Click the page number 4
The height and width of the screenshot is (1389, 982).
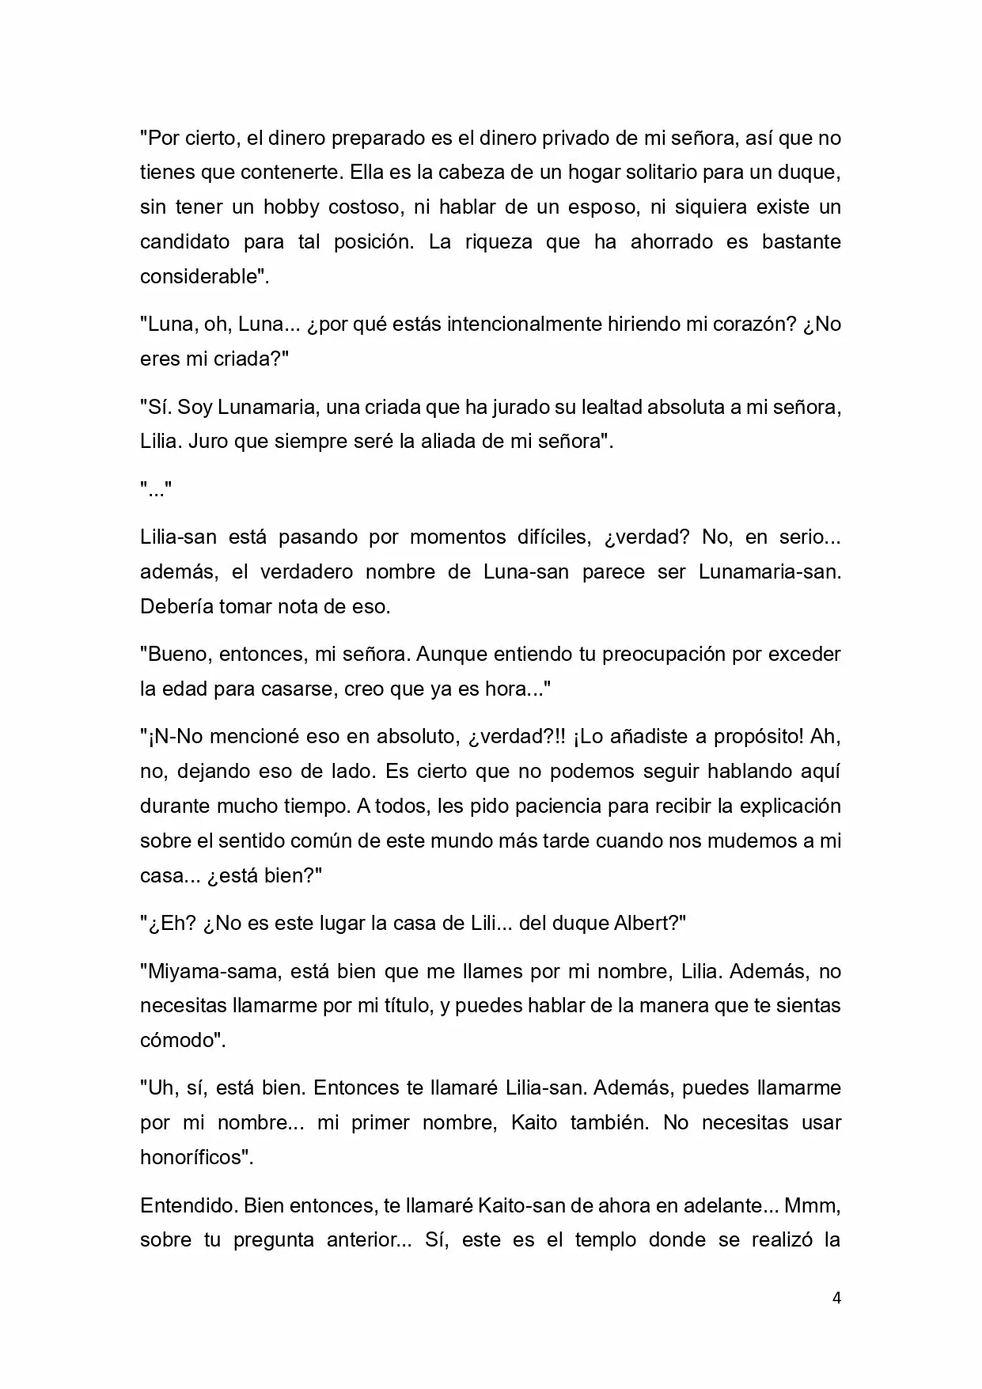(836, 1298)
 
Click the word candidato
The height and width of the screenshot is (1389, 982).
(184, 242)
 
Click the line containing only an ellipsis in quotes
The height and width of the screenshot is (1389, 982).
(156, 490)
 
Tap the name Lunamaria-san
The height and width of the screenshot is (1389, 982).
(769, 572)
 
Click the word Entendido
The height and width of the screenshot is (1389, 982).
(188, 1205)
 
